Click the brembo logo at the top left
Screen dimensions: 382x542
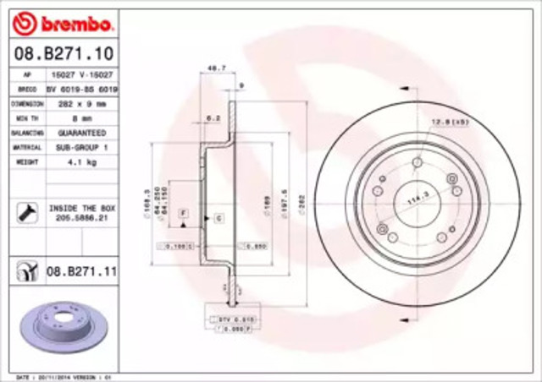(58, 22)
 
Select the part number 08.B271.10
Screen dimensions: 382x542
(58, 54)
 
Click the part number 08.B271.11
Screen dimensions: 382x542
(81, 271)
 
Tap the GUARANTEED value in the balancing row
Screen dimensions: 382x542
(81, 134)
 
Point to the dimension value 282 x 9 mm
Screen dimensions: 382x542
(81, 104)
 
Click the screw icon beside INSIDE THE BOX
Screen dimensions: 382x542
(25, 211)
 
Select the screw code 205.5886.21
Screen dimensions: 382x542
(82, 217)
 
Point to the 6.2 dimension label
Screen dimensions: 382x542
(213, 119)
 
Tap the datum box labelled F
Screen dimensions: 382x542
(184, 209)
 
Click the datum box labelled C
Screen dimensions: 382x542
(218, 219)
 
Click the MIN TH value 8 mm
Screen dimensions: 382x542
(81, 119)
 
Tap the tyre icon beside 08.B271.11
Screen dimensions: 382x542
(25, 271)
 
